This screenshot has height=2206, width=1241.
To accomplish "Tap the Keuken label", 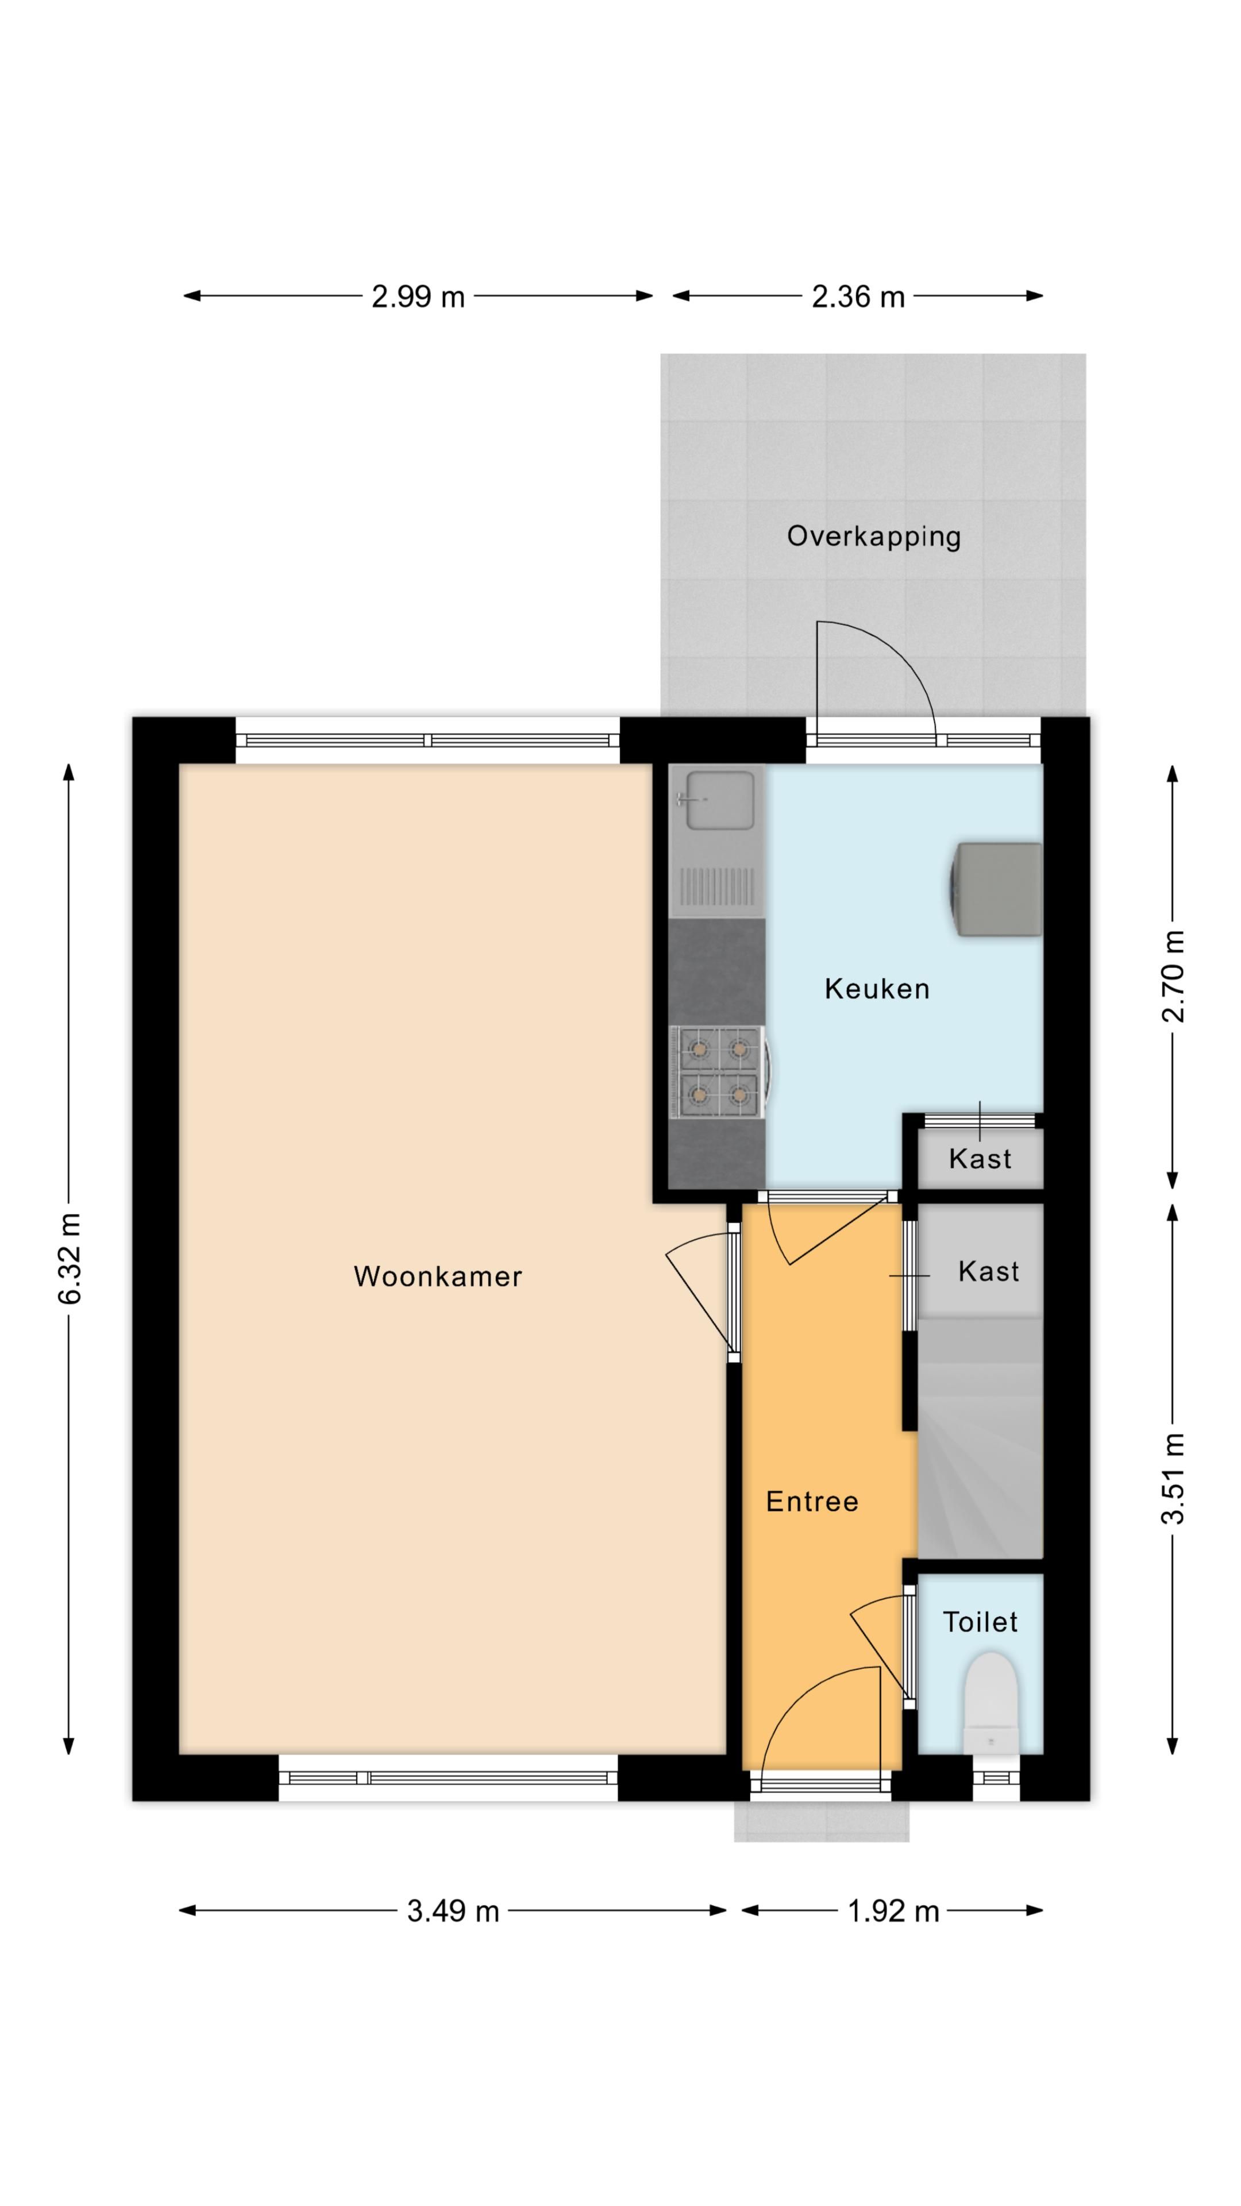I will [876, 989].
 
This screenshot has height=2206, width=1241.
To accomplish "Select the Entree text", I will [811, 1502].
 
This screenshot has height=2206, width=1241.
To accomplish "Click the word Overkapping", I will [873, 537].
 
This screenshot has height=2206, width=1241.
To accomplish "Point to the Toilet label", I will [979, 1622].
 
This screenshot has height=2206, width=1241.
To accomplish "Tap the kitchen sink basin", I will [721, 800].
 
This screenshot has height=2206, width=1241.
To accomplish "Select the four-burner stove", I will [718, 1072].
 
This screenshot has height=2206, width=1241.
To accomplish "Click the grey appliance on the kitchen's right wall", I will [998, 890].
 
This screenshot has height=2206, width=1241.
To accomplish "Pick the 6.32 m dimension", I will [70, 1258].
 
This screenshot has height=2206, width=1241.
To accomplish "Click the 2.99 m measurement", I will [418, 297].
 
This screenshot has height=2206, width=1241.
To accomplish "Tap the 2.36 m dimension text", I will [857, 297].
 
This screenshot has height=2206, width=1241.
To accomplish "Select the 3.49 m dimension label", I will [452, 1911].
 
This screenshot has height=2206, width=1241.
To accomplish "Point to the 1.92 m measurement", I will [892, 1911].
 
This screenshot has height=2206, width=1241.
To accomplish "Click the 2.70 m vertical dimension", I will [1173, 976].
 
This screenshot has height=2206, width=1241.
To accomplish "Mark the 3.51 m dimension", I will [1173, 1479].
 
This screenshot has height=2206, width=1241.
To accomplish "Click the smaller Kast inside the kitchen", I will [979, 1159].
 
